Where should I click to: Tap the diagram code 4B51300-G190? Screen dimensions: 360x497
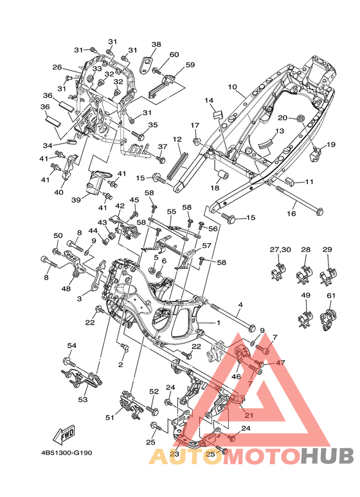click(x=67, y=453)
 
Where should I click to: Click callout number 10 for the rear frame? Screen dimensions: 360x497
click(x=232, y=87)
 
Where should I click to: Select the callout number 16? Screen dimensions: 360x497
click(x=291, y=213)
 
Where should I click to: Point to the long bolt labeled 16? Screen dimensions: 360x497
click(x=300, y=199)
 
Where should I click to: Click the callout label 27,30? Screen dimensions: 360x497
click(x=280, y=249)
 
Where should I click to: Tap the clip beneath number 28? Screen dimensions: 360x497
click(x=305, y=273)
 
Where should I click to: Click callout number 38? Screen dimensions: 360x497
click(x=156, y=44)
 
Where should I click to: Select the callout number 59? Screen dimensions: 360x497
click(x=190, y=65)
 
